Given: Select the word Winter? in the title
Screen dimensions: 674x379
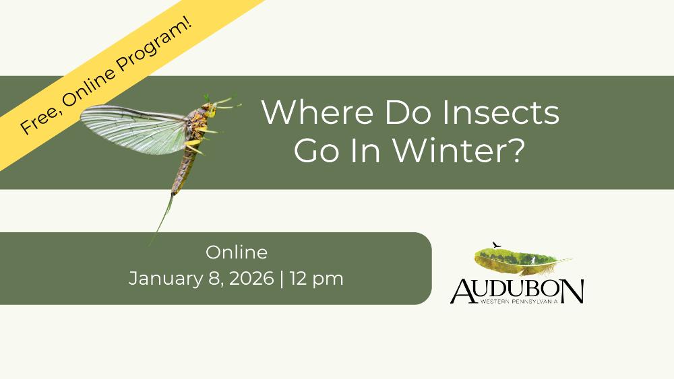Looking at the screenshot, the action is [x=458, y=150].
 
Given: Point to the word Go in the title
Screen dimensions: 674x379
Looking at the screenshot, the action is [x=316, y=150].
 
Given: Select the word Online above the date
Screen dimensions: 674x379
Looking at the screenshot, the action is [x=237, y=252].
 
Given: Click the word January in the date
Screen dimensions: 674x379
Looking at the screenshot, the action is [x=165, y=279].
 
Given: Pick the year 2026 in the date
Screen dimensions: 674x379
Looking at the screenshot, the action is [x=251, y=278].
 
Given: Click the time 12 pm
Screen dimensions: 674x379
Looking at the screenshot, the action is [x=316, y=279].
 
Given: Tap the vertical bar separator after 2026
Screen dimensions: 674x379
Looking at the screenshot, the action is [x=282, y=279].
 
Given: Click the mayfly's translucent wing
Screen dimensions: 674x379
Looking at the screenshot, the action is [x=133, y=129].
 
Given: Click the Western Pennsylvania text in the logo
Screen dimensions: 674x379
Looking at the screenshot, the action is [x=519, y=302].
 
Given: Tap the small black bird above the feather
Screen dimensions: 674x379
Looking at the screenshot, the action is [x=497, y=245].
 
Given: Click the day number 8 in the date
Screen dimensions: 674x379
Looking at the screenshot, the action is [x=214, y=278].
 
